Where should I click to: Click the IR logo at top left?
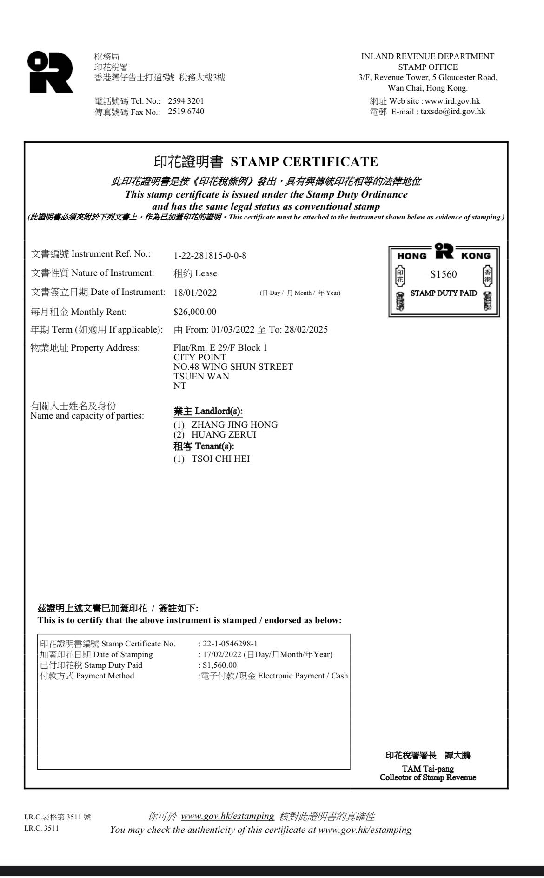[50, 72]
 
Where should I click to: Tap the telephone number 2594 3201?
[186, 101]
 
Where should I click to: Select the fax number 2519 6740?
[186, 112]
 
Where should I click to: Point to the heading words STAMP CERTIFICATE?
[304, 162]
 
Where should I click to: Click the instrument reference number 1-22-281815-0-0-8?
[210, 255]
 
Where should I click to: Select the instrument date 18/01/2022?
[195, 293]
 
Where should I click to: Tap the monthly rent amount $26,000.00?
[195, 312]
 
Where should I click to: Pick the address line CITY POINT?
[199, 358]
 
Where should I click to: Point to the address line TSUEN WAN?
[201, 376]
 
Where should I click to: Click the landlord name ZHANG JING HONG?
[234, 425]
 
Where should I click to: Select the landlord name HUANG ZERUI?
[224, 435]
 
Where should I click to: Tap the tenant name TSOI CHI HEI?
[220, 459]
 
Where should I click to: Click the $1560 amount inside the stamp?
[444, 274]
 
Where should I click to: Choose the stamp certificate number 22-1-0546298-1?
[230, 644]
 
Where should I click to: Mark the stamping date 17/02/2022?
[222, 655]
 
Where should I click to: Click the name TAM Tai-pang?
[428, 769]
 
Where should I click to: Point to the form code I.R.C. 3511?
[41, 828]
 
